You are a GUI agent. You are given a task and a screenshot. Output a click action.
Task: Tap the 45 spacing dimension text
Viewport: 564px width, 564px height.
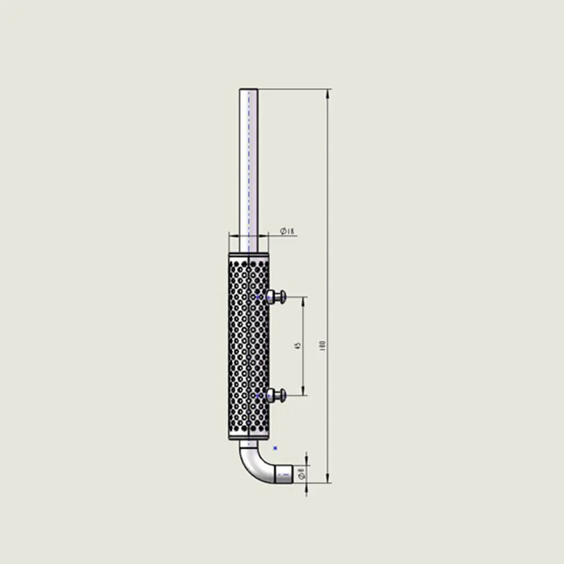point(298,345)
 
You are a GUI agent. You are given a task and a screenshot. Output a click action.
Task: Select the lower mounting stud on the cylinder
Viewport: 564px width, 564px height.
point(277,395)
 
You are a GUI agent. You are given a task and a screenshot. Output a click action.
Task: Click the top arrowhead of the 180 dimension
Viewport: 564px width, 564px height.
point(328,92)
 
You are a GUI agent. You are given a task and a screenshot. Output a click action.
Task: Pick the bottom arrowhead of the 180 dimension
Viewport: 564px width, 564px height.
point(328,480)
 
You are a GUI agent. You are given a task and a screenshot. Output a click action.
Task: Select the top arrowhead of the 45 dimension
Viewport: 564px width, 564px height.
point(304,300)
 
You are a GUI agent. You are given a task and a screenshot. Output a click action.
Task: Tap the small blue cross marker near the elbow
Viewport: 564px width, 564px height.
point(275,448)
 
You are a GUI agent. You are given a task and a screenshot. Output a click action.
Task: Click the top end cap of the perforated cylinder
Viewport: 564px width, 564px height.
point(248,252)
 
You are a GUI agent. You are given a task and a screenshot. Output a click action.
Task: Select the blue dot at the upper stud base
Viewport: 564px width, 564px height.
point(257,298)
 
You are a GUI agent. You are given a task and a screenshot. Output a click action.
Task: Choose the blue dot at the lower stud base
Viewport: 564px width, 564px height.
point(257,396)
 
